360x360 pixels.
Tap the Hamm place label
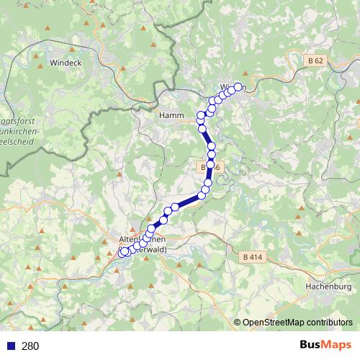point(171,114)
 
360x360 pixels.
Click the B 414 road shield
point(251,257)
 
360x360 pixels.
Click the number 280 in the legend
point(30,346)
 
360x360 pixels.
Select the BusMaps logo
point(325,346)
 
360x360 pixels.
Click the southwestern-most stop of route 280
point(123,252)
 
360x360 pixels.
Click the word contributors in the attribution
point(330,323)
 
